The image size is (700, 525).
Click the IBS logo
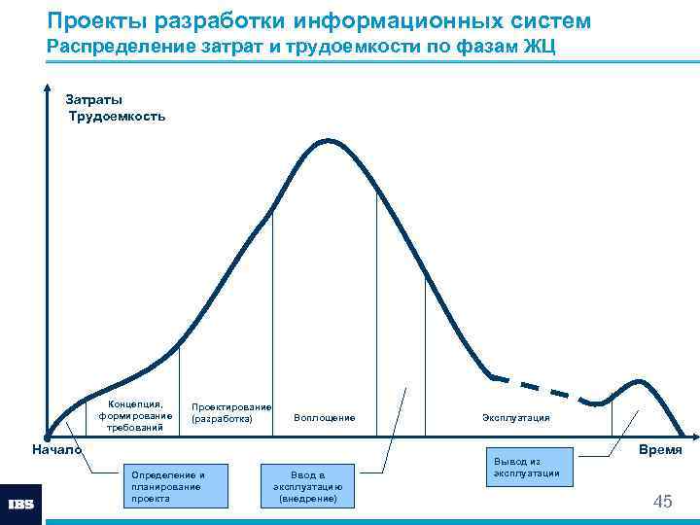pyautogui.click(x=20, y=505)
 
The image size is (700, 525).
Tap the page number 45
pyautogui.click(x=662, y=502)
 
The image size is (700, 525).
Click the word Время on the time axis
pyautogui.click(x=660, y=450)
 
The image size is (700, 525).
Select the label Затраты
pyautogui.click(x=93, y=99)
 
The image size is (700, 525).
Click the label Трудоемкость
pyautogui.click(x=117, y=116)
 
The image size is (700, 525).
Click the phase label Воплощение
pyautogui.click(x=325, y=418)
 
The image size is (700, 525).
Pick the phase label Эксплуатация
pyautogui.click(x=515, y=418)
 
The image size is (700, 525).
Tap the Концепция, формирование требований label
pyautogui.click(x=136, y=416)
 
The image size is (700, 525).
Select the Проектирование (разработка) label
pyautogui.click(x=231, y=413)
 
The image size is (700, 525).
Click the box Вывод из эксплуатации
pyautogui.click(x=526, y=467)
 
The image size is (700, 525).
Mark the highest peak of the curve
pyautogui.click(x=329, y=141)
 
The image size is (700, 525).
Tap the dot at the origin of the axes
pyautogui.click(x=47, y=436)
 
